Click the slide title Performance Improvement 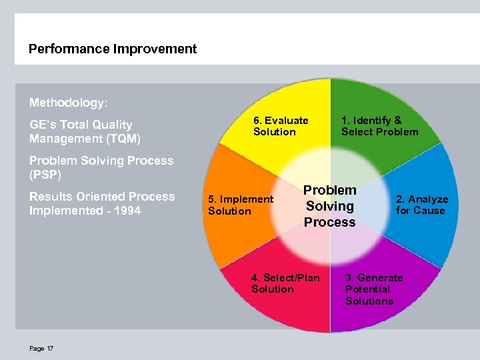pyautogui.click(x=113, y=49)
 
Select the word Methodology pyautogui.click(x=67, y=103)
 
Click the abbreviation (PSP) pyautogui.click(x=45, y=175)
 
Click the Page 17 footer pyautogui.click(x=41, y=348)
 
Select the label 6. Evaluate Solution pyautogui.click(x=280, y=126)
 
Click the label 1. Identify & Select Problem pyautogui.click(x=379, y=126)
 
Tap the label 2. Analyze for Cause pyautogui.click(x=421, y=205)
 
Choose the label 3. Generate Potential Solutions pyautogui.click(x=373, y=289)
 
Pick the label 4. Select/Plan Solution pyautogui.click(x=285, y=283)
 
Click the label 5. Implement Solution pyautogui.click(x=240, y=205)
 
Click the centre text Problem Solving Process pyautogui.click(x=330, y=206)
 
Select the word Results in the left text pyautogui.click(x=51, y=197)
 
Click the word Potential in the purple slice pyautogui.click(x=367, y=289)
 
